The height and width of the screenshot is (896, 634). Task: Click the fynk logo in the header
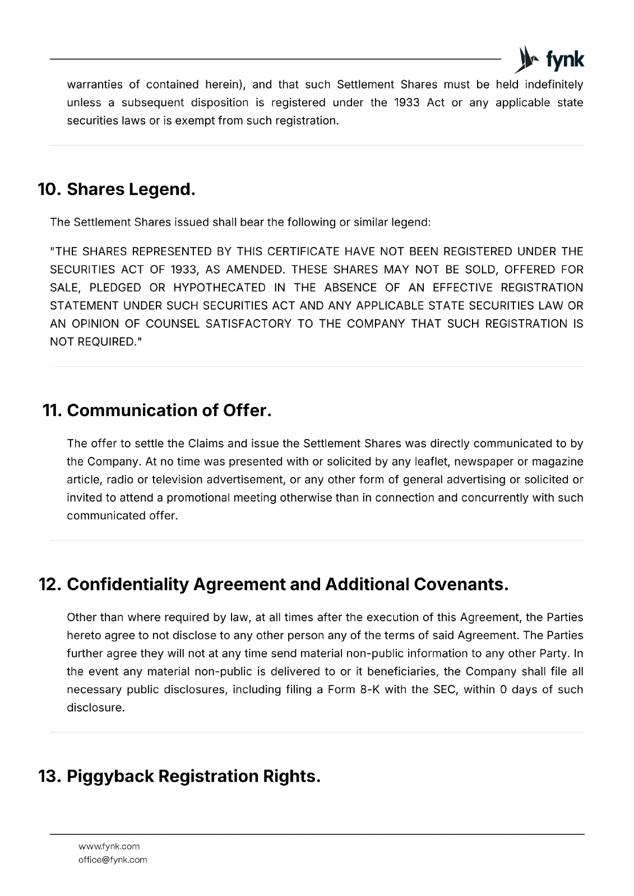tap(549, 59)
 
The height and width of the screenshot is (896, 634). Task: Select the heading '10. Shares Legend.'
tap(117, 189)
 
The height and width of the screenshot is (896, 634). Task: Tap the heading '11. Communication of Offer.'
tap(158, 410)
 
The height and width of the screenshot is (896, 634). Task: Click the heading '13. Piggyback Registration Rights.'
tap(179, 776)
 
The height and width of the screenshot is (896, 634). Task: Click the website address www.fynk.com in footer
tap(109, 846)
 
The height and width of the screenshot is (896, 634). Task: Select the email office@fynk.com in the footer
tap(113, 860)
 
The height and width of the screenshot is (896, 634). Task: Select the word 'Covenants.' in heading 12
tap(461, 584)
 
